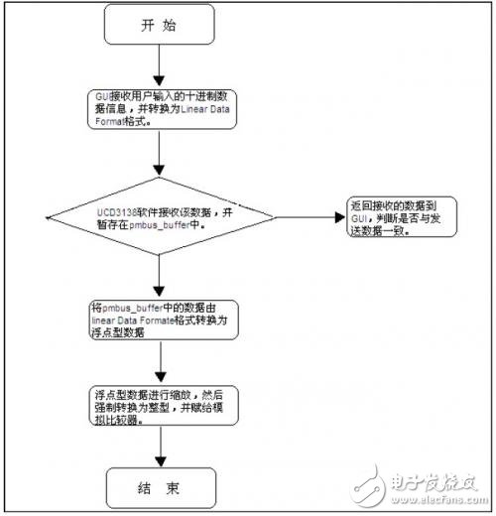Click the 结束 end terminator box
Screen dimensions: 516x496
[162, 488]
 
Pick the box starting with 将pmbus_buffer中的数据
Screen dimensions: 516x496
[162, 321]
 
